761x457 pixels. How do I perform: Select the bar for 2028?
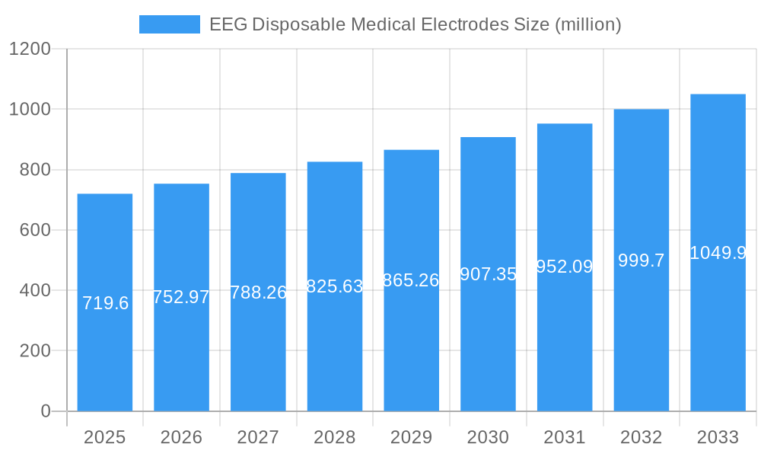click(335, 343)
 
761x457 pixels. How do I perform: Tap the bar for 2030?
click(488, 343)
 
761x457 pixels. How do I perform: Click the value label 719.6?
click(105, 303)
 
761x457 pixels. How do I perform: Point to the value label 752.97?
click(181, 297)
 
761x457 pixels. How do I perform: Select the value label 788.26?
click(258, 292)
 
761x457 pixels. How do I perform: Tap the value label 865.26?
click(411, 280)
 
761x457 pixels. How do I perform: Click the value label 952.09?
click(565, 267)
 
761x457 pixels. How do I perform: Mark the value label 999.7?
click(641, 260)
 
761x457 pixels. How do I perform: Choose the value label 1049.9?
click(718, 253)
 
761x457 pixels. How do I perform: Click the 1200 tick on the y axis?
click(30, 50)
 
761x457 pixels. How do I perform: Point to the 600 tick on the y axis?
click(35, 230)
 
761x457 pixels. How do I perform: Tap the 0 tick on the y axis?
click(45, 411)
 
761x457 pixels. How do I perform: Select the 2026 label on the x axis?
click(181, 437)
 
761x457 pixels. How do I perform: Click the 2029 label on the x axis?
click(411, 437)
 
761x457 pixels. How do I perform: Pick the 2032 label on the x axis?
click(641, 437)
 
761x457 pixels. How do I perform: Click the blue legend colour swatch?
click(169, 24)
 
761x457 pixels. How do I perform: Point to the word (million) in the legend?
click(588, 24)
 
